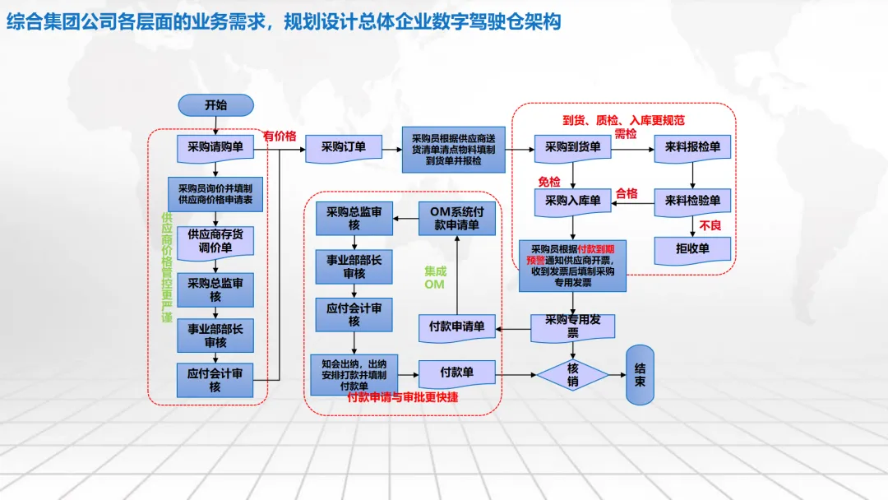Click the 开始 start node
coord(215,105)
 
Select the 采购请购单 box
coord(215,147)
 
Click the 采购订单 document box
coord(344,147)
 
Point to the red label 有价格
coord(280,136)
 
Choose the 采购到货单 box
coord(572,147)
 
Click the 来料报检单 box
coord(692,147)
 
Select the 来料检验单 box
coord(692,200)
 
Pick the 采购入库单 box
coord(572,200)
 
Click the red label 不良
coord(710,225)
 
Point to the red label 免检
coord(548,181)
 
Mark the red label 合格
coord(627,193)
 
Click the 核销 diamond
coord(573,375)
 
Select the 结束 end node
coord(640,375)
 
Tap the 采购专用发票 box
coord(573,326)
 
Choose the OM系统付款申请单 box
coord(457,218)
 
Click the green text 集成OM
coord(434,277)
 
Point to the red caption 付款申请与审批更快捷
coord(403,397)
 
